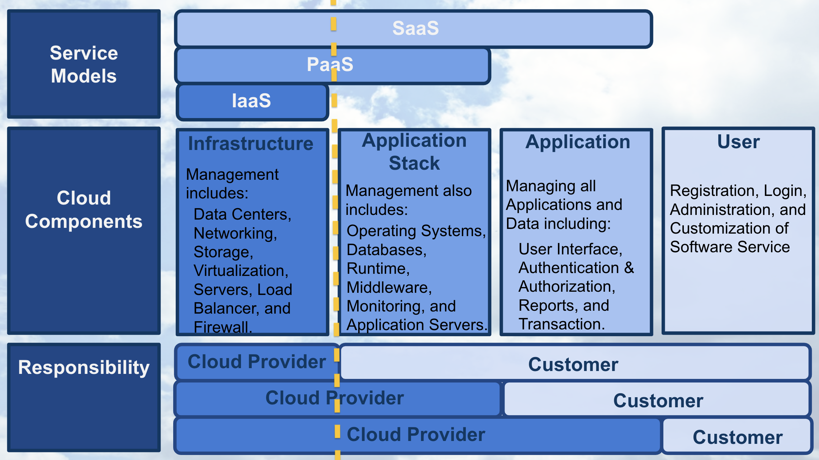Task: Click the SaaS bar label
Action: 415,28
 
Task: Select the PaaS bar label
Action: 330,65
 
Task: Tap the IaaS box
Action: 251,101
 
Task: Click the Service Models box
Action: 84,65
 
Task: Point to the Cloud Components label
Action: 84,210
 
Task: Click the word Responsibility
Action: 84,367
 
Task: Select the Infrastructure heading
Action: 251,144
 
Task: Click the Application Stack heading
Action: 414,152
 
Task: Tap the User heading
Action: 738,142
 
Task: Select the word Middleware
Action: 388,287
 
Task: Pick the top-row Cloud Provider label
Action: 256,362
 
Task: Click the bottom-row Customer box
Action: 737,437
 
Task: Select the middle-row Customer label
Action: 658,401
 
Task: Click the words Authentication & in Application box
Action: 576,268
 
